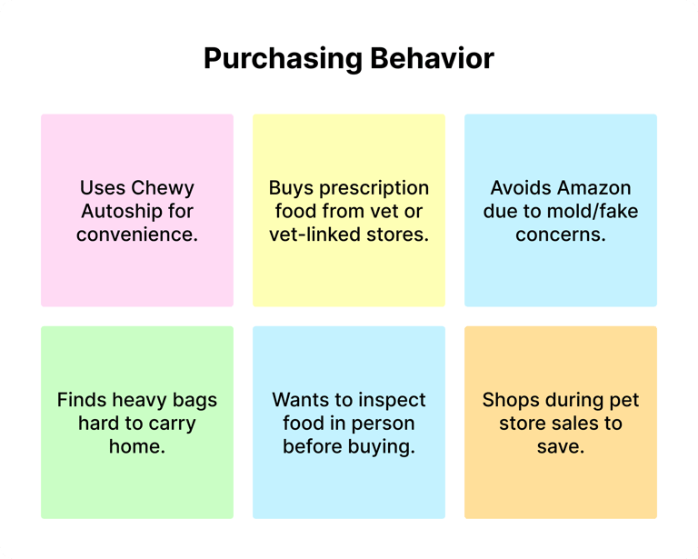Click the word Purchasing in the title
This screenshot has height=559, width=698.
click(x=284, y=59)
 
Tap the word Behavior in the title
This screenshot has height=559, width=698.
click(x=432, y=58)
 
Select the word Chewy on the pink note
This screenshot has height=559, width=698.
click(x=163, y=189)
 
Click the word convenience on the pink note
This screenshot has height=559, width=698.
click(x=137, y=235)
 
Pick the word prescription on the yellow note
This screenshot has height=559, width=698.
click(x=374, y=189)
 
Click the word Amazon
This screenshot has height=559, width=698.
click(x=595, y=188)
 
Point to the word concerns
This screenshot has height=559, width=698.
click(x=561, y=235)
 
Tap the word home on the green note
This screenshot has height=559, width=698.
click(x=137, y=446)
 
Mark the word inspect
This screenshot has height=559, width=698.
click(x=390, y=401)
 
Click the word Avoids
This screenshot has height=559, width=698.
click(x=523, y=188)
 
